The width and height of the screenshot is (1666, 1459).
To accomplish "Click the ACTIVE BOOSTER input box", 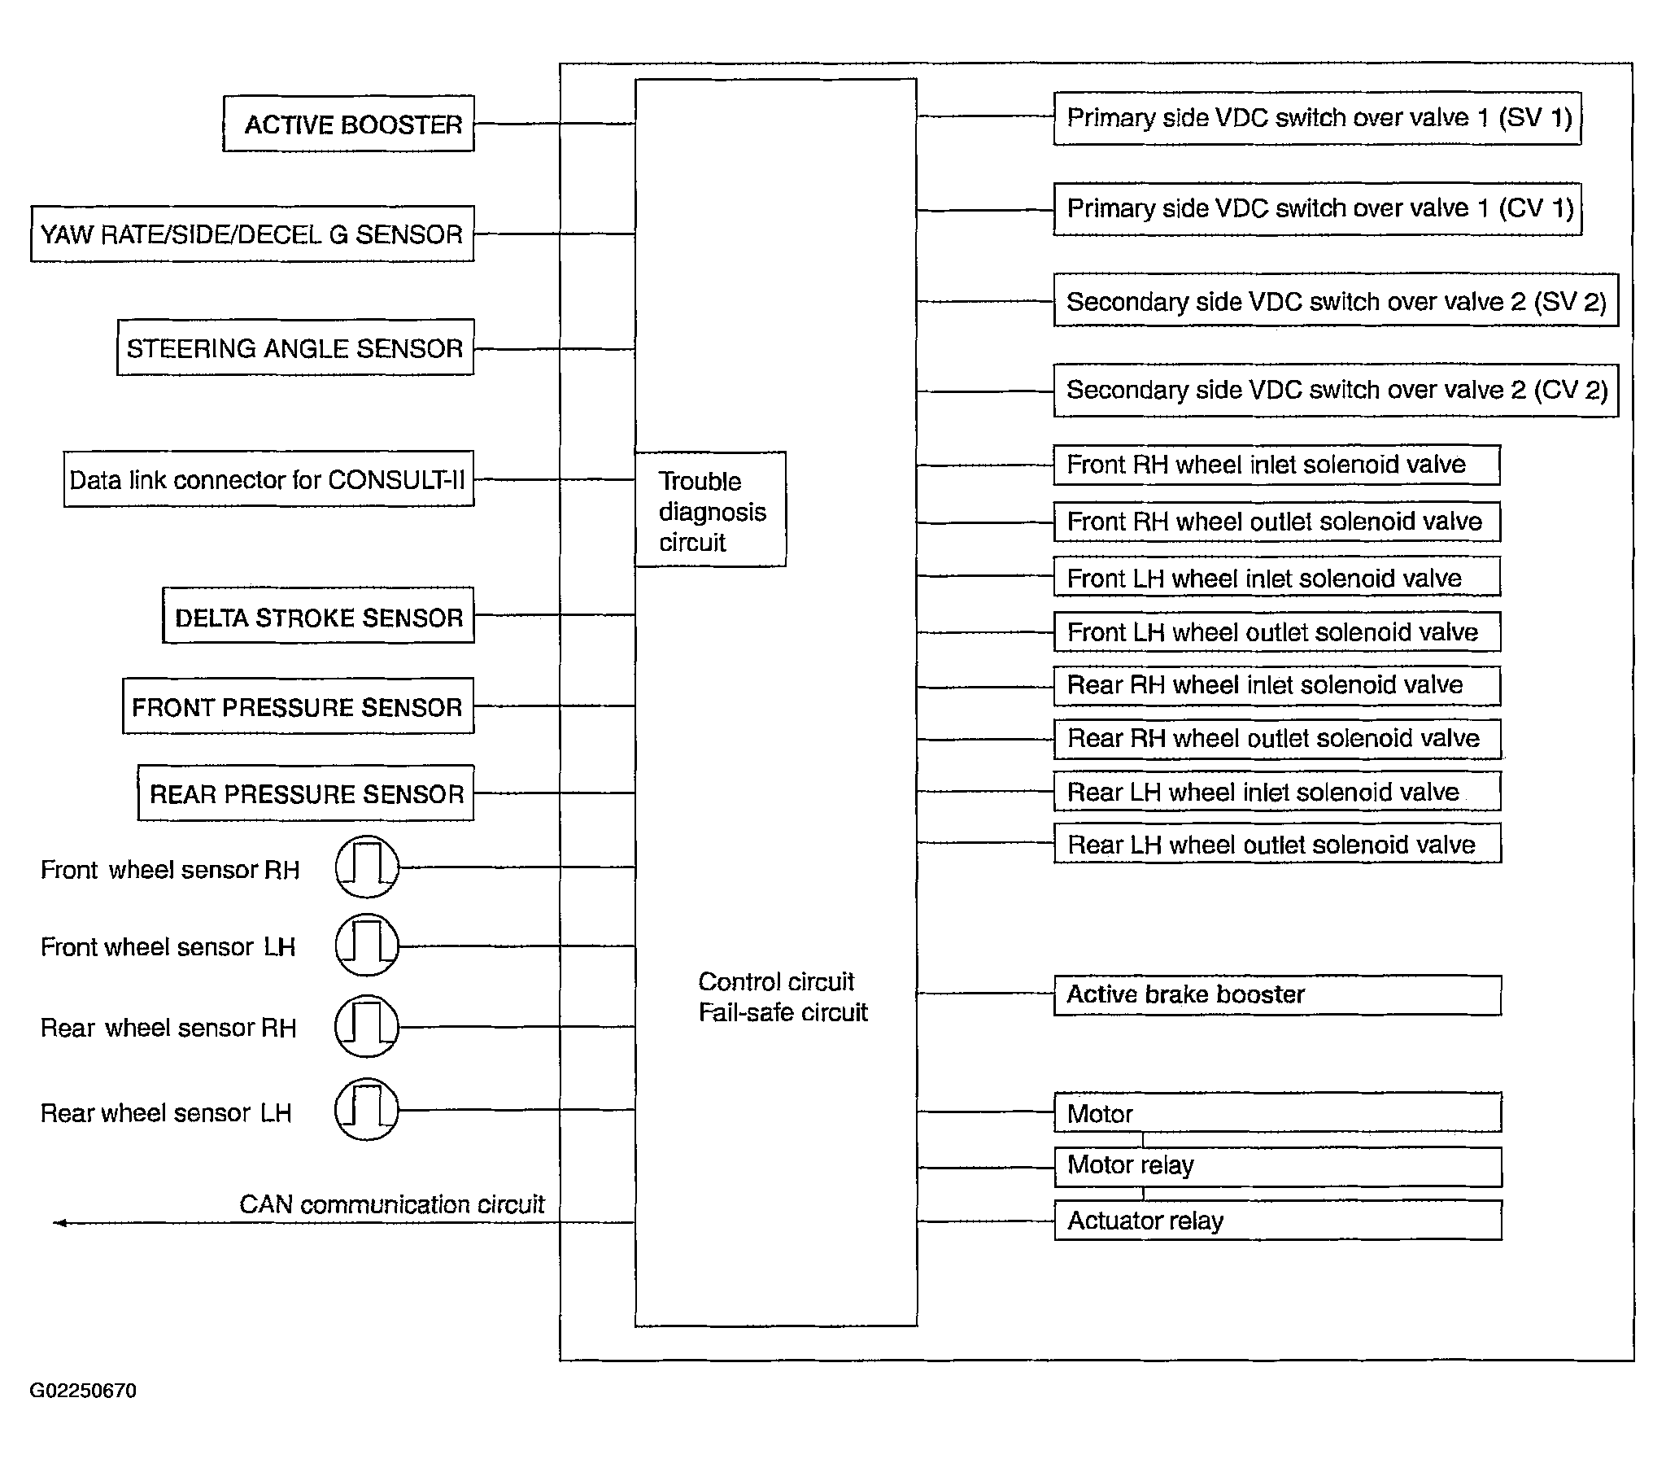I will [348, 124].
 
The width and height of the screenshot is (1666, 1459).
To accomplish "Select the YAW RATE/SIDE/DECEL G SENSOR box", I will [252, 234].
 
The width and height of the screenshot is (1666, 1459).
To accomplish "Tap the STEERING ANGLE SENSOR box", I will [295, 347].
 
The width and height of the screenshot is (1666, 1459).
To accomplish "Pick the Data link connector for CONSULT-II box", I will [268, 479].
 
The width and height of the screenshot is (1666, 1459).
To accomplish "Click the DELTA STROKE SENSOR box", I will [318, 616].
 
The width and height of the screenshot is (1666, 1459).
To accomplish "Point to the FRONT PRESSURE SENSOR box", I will [298, 705].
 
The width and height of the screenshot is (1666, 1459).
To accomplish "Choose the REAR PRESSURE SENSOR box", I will [306, 793].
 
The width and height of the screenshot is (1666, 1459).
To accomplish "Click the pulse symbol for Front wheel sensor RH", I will [367, 867].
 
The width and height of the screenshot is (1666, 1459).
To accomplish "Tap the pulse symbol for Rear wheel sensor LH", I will [367, 1110].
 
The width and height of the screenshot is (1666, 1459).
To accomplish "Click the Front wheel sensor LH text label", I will [168, 947].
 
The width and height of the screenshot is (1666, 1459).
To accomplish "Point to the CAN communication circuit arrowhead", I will [59, 1223].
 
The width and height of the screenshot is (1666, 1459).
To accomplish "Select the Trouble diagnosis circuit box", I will [710, 510].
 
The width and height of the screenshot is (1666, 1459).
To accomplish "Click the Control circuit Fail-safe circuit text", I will [782, 997].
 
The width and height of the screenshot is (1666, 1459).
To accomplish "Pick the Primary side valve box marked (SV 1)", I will [1317, 119].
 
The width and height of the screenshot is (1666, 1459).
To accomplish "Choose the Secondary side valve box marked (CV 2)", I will [1336, 391].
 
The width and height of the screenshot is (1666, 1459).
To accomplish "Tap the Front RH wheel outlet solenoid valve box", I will [1276, 522].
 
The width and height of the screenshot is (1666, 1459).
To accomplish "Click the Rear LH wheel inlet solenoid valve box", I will [1276, 793].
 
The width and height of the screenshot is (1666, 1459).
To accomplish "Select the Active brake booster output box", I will [1277, 995].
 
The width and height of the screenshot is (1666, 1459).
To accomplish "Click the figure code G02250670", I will [83, 1391].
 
